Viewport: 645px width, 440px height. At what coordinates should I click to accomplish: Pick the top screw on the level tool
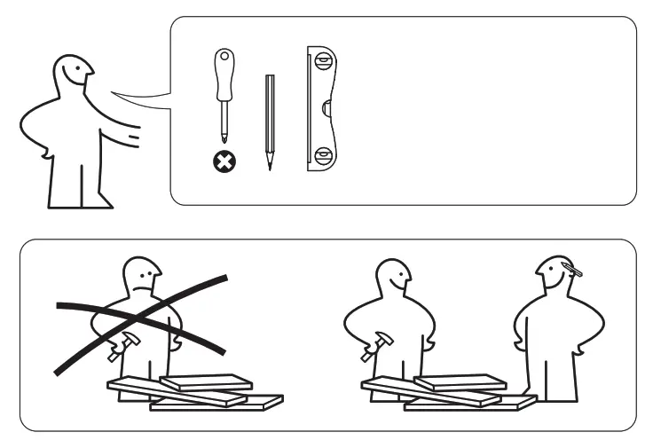tap(323, 63)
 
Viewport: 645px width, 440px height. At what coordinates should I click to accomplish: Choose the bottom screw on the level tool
tap(323, 158)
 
